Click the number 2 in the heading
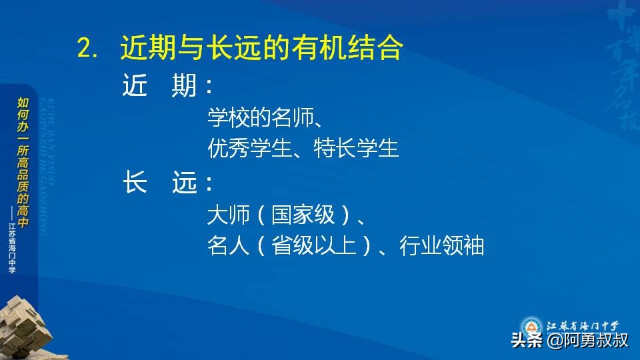point(84,49)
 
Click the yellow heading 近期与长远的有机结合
point(261,48)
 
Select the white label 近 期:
point(168,86)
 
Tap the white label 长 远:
point(168,183)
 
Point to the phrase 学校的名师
point(261,119)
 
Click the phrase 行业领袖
point(441,247)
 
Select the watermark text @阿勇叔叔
point(587,341)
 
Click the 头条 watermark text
point(527,341)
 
